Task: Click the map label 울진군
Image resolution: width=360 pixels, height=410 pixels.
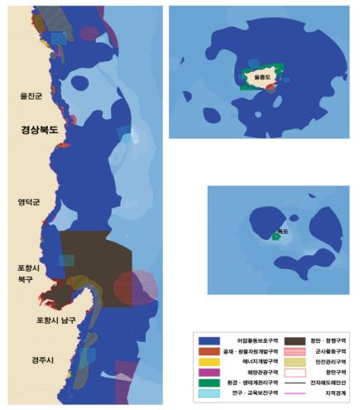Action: [31, 96]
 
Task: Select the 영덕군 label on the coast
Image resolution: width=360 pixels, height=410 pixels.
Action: [30, 201]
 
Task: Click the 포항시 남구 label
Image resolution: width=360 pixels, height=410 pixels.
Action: [55, 319]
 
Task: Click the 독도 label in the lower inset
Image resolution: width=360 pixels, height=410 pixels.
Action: [283, 231]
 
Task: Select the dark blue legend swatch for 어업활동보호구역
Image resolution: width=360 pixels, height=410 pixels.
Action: [209, 340]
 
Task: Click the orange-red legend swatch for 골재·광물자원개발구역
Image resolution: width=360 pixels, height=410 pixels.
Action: [209, 351]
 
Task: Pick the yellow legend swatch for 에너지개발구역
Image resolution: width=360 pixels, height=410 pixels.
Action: [209, 362]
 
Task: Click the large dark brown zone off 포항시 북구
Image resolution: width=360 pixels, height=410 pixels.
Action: [91, 257]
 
